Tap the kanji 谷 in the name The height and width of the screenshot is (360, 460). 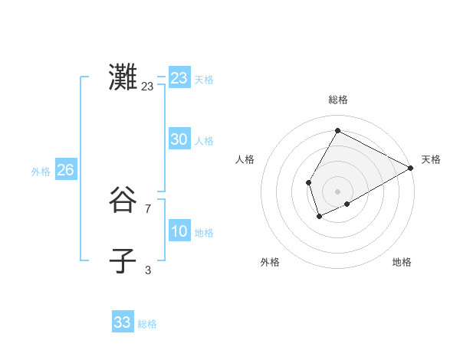point(123,201)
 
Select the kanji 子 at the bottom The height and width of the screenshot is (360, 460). point(123,261)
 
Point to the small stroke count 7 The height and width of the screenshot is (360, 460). point(148,208)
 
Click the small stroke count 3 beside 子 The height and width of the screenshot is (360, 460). point(148,270)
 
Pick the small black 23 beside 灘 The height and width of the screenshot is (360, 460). point(147,87)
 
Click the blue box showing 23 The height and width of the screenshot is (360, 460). point(179,78)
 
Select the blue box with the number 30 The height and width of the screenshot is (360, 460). point(179,139)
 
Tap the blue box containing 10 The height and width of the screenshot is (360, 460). point(179,231)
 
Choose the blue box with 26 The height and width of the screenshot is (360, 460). point(65,170)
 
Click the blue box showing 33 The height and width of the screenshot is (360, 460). point(123,322)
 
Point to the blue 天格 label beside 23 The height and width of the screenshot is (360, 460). point(204,80)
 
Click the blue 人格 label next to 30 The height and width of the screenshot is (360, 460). point(204,141)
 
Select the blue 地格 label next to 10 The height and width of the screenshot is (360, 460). point(204,233)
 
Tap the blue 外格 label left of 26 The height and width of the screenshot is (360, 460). point(41,172)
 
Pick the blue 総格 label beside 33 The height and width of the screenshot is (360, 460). point(147,324)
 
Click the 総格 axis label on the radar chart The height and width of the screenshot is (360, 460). point(337,100)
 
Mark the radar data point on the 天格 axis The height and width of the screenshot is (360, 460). point(411,168)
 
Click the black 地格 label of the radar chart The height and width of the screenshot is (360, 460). point(402,262)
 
